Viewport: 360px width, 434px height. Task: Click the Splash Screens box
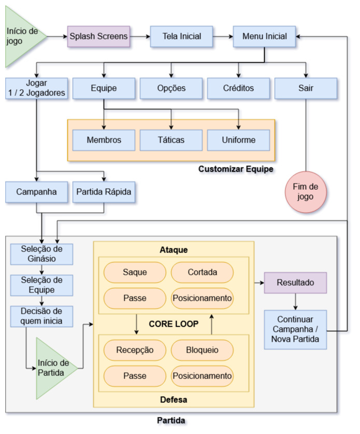[x=98, y=37]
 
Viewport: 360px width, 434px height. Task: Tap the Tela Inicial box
[x=181, y=37]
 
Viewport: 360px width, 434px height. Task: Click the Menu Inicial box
[x=264, y=37]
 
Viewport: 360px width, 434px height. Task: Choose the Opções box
[x=171, y=88]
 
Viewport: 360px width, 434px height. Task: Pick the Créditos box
[x=238, y=88]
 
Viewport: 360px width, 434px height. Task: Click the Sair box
[x=306, y=88]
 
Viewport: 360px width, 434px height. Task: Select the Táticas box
[x=171, y=140]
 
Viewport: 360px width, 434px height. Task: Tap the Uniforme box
[x=238, y=140]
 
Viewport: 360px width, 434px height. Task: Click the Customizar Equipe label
[x=236, y=170]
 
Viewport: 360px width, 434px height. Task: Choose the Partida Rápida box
[x=105, y=192]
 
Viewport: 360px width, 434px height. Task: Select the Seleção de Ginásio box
[x=42, y=254]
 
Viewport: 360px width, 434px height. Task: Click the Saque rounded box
[x=135, y=272]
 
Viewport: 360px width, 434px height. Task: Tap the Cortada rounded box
[x=202, y=272]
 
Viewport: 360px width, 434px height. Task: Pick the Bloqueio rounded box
[x=202, y=350]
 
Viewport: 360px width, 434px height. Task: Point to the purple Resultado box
[x=296, y=283]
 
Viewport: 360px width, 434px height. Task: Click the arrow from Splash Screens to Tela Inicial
[x=139, y=37]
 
